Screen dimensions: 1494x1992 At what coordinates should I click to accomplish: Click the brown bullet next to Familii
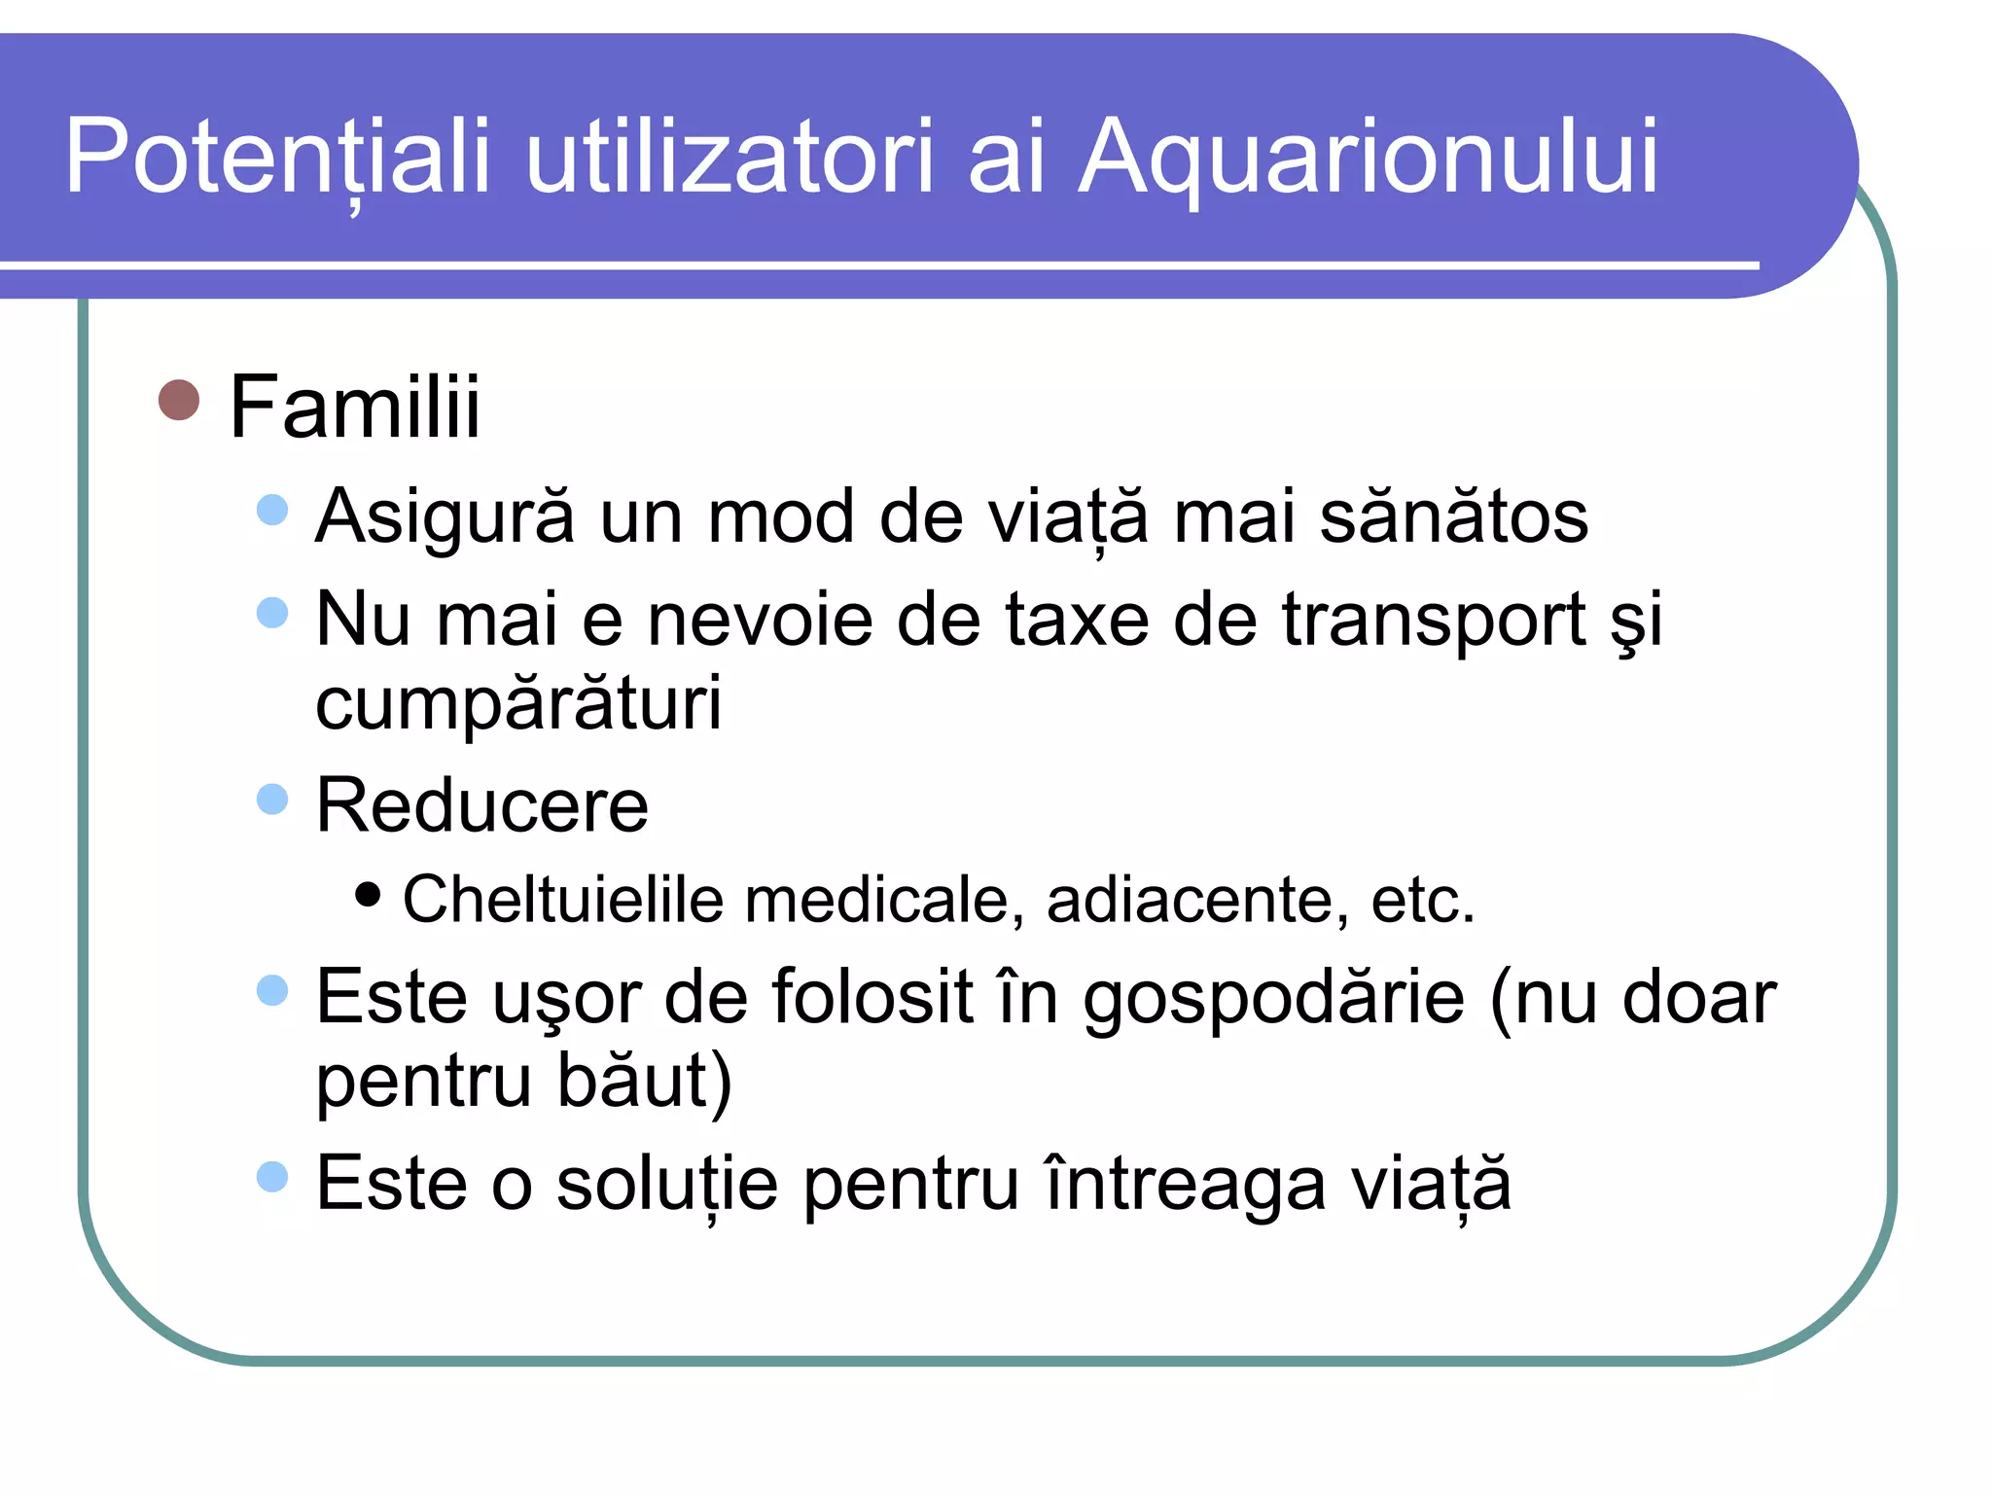(179, 400)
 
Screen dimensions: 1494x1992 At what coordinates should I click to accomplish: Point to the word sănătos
(1453, 516)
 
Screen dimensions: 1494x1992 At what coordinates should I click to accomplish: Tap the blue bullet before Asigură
(273, 510)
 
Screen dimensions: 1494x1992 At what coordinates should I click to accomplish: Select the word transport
(1434, 620)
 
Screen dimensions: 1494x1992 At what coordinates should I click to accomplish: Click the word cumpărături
(518, 702)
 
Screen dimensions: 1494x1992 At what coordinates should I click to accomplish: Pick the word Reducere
(481, 805)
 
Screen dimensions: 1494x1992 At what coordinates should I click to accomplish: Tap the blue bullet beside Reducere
(273, 800)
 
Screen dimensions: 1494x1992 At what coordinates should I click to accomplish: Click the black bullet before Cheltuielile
(368, 894)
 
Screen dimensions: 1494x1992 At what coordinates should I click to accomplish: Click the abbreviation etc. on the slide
(1422, 900)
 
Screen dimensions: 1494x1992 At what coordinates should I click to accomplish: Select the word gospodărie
(1274, 998)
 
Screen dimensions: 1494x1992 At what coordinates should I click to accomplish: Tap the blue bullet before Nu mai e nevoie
(273, 613)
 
